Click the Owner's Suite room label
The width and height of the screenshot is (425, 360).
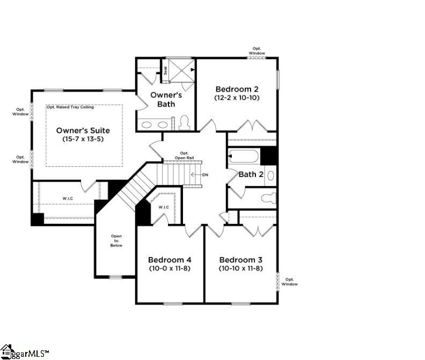coord(83,130)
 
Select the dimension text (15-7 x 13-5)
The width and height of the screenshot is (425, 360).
coord(83,139)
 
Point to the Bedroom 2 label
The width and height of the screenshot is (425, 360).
coord(237,89)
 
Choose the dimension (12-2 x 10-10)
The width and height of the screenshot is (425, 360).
coord(237,99)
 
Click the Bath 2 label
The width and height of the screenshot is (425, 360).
coord(251,174)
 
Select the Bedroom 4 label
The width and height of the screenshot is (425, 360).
coord(170,259)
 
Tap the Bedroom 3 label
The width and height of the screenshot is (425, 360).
coord(240,259)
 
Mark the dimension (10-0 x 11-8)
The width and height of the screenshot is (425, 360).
coord(170,268)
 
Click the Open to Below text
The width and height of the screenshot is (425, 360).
coord(116,240)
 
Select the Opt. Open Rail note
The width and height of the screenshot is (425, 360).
coord(184,155)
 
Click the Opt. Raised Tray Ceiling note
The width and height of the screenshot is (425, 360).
coord(70,107)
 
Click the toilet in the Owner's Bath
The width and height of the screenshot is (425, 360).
coord(184,122)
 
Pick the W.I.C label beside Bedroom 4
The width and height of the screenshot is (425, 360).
coord(164,207)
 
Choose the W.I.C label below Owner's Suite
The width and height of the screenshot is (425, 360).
coord(68,199)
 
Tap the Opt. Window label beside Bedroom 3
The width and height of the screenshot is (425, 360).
coord(290,282)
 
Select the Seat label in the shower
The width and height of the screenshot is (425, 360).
coord(166,70)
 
